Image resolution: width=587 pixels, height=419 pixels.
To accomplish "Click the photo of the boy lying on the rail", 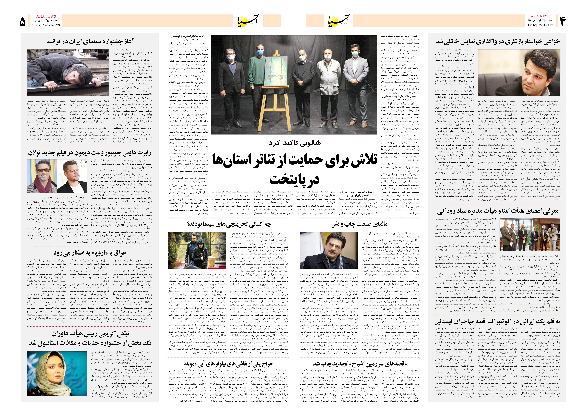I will click(68, 73).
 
